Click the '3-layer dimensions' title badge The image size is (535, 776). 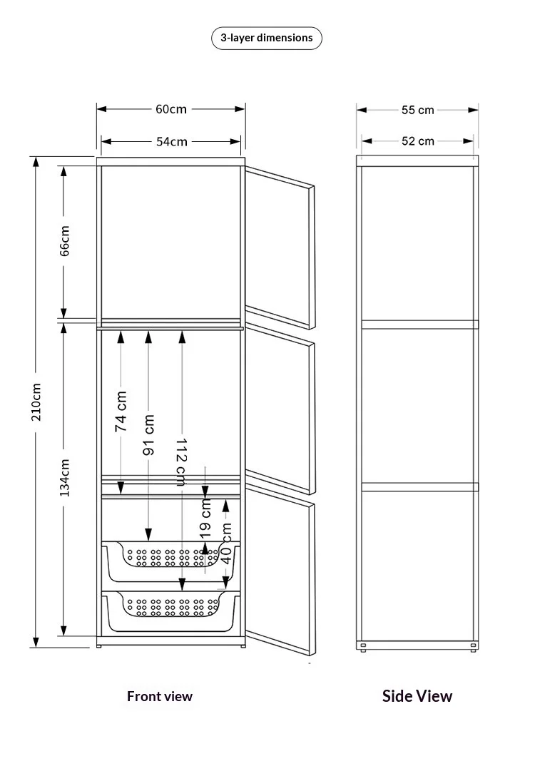(x=266, y=38)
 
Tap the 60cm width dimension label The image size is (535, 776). (x=171, y=109)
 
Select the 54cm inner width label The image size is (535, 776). (x=172, y=141)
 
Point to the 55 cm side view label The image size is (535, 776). (x=418, y=110)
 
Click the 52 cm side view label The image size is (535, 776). (x=418, y=141)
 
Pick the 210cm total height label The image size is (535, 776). (x=36, y=402)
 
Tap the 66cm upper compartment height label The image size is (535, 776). (x=64, y=241)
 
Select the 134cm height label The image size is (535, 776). (x=64, y=478)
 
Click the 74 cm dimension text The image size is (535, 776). (x=121, y=412)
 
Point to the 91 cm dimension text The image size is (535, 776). (x=148, y=435)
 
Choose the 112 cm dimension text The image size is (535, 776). (x=181, y=461)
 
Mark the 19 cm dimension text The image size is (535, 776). (x=205, y=519)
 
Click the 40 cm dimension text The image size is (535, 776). (x=226, y=543)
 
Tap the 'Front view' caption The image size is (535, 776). (x=159, y=696)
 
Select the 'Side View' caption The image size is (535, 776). (x=417, y=696)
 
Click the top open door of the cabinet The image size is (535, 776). (x=280, y=247)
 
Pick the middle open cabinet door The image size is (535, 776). (x=280, y=408)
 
